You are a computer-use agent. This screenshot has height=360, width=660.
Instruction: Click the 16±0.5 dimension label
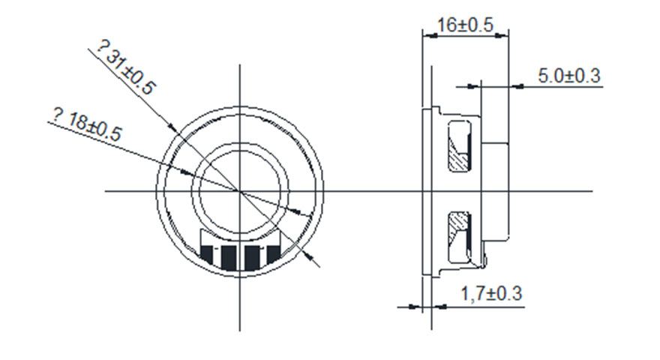[x=465, y=25]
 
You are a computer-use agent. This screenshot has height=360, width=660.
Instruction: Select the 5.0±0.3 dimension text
[x=569, y=76]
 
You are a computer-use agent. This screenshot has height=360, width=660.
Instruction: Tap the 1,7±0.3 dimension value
[x=491, y=293]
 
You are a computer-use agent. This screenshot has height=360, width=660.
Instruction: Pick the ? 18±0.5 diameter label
[x=87, y=124]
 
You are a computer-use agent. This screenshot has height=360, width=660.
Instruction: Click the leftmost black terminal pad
[x=207, y=253]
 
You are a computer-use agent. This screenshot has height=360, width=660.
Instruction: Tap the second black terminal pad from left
[x=229, y=258]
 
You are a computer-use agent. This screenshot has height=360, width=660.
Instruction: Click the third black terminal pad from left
[x=252, y=257]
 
